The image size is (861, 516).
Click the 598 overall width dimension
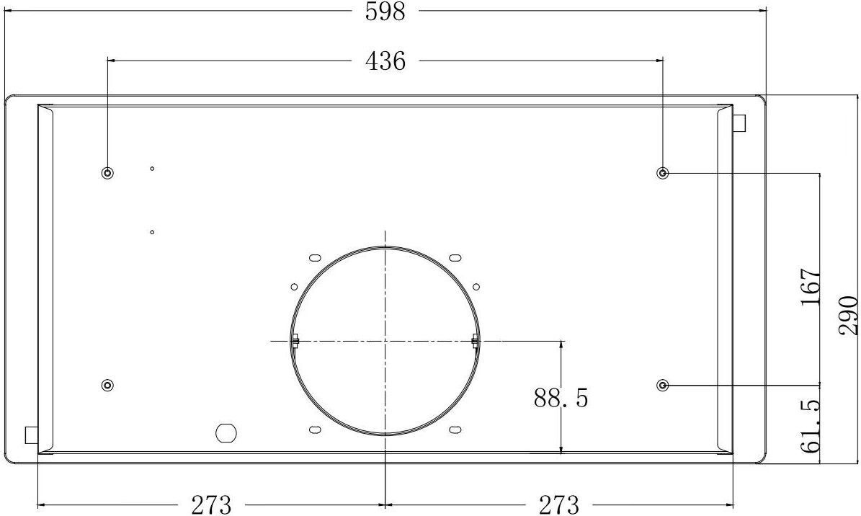[385, 11]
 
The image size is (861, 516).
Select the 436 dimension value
[385, 61]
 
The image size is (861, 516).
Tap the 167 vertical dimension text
[810, 288]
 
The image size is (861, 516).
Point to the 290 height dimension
[848, 315]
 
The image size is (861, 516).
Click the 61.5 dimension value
[810, 426]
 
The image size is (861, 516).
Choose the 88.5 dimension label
[561, 397]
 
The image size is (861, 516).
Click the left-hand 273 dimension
[211, 504]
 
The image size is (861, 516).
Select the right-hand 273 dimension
[559, 504]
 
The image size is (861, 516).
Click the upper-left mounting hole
[107, 174]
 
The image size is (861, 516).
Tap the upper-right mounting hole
[663, 174]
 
